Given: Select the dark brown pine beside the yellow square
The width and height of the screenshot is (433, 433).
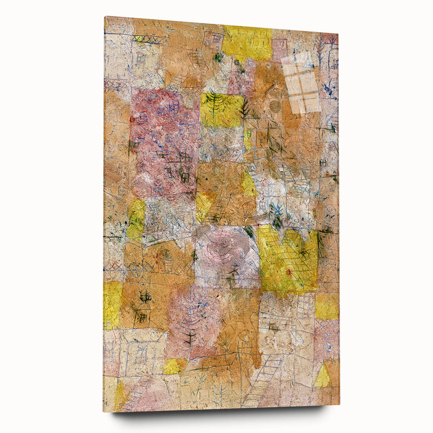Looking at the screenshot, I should click(x=245, y=107).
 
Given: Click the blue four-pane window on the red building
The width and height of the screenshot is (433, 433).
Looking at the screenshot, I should click(x=174, y=104).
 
